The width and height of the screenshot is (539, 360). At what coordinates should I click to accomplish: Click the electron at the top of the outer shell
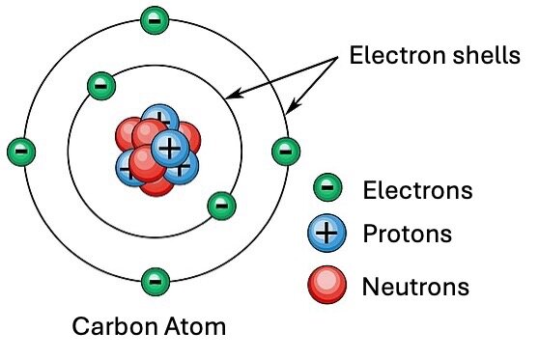153,19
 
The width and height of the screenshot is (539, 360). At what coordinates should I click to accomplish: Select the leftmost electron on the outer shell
21,151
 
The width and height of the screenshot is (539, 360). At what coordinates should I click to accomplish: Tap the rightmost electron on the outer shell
284,151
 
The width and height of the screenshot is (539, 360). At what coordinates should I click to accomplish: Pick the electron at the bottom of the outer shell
153,282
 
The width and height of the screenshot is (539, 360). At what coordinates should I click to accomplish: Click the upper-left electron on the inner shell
100,85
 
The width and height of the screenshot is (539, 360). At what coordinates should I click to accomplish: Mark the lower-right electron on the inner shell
221,205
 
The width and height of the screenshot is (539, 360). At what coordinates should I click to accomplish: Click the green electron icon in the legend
329,188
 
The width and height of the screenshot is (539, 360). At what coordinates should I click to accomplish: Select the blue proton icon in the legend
329,234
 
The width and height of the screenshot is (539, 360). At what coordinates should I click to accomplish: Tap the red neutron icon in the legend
328,284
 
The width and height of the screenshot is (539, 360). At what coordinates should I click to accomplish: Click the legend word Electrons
418,189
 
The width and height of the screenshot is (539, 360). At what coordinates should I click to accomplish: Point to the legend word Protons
407,234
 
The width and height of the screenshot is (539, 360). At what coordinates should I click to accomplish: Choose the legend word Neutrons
415,286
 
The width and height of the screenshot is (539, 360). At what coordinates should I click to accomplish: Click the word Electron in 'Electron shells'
392,57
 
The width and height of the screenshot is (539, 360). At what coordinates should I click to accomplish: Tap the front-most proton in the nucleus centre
170,148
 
